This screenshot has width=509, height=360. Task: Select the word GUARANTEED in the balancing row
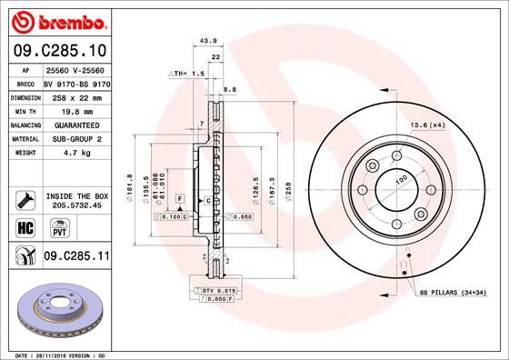[x=71, y=124]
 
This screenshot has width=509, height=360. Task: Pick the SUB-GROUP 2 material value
[x=71, y=139]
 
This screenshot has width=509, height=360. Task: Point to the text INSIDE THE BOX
[x=75, y=195]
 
